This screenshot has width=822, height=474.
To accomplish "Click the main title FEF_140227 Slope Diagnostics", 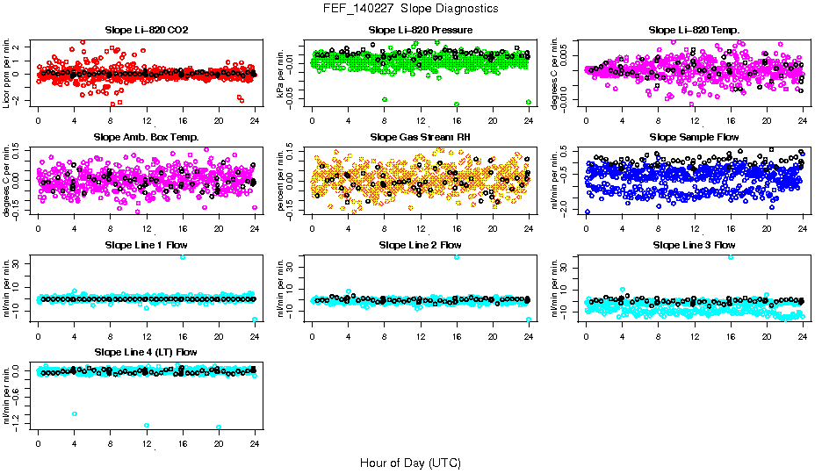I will [x=410, y=8].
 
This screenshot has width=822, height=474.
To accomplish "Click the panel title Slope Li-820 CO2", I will [x=147, y=30].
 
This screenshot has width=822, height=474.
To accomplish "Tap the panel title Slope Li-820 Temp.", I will [x=694, y=30].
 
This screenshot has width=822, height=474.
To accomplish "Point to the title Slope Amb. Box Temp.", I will [x=147, y=137].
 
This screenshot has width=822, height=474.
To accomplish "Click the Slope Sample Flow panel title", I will [x=694, y=137].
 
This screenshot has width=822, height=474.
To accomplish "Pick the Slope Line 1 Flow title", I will [x=147, y=244].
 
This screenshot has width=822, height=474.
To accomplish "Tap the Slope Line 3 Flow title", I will [x=694, y=244].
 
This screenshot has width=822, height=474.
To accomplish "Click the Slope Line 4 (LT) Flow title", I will [x=147, y=352].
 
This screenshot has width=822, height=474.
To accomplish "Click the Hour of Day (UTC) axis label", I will [x=410, y=462].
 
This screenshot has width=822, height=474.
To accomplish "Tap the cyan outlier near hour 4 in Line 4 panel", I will [x=75, y=413].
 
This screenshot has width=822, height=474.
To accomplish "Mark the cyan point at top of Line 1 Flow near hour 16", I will [x=183, y=257].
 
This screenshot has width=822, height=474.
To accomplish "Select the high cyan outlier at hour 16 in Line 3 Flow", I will [x=731, y=257].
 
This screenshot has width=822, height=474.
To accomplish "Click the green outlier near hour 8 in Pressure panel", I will [x=384, y=99].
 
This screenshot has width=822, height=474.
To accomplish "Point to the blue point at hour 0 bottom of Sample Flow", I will [x=587, y=212].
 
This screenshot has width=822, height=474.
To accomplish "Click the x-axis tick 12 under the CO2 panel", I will [x=147, y=121].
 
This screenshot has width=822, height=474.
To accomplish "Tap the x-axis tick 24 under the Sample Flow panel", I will [x=803, y=228].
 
